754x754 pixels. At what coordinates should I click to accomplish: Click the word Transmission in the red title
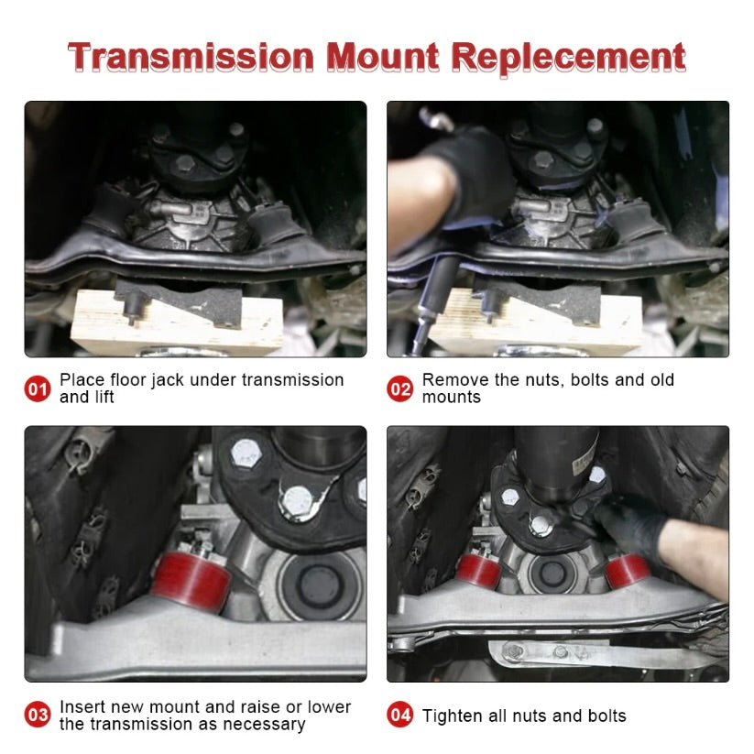point(191,58)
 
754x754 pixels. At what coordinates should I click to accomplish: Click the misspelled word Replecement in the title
point(568,60)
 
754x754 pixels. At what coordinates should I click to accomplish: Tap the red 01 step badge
point(38,388)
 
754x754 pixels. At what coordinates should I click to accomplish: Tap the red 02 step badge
point(400,388)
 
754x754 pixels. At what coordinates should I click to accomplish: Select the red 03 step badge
point(38,715)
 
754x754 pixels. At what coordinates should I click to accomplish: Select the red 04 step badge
point(400,715)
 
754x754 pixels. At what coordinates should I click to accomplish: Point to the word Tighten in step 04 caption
point(453,716)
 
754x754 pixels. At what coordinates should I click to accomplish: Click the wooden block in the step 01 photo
point(176,322)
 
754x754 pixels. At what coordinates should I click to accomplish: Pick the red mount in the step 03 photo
point(191,581)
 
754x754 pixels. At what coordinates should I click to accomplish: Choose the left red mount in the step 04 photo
point(478,571)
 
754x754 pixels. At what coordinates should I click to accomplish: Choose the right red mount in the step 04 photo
point(627,571)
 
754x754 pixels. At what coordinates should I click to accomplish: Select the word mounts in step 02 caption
point(452,398)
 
